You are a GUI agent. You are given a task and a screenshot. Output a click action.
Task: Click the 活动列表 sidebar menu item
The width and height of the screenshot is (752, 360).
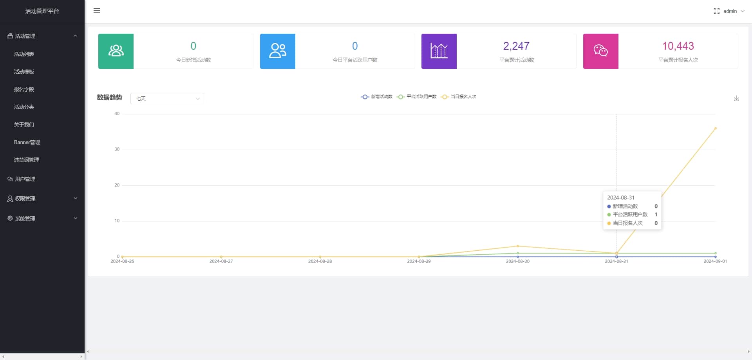[24, 54]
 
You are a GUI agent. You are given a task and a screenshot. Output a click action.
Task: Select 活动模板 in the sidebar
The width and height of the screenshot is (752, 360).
[24, 72]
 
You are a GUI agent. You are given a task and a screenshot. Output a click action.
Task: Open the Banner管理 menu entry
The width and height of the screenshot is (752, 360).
[27, 142]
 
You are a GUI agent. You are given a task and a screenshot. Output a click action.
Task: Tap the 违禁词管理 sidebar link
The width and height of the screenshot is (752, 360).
[26, 160]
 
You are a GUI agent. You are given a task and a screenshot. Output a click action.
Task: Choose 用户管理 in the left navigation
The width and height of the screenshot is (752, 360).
[25, 179]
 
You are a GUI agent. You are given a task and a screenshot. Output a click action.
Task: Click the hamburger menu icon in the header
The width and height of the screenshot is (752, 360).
[97, 11]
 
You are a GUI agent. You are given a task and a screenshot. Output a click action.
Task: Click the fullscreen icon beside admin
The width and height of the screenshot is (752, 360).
[716, 11]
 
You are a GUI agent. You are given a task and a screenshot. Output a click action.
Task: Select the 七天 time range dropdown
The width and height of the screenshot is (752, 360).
[167, 98]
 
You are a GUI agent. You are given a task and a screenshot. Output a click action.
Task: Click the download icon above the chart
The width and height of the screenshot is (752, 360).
[736, 98]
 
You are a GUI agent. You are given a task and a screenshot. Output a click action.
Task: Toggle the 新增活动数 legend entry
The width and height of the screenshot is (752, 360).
[377, 97]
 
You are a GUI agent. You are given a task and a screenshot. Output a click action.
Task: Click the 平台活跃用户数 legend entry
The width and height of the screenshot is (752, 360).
[417, 97]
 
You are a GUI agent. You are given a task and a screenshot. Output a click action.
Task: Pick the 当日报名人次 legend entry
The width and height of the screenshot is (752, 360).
[459, 97]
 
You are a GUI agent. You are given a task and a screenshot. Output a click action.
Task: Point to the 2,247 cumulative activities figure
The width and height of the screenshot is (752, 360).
[516, 46]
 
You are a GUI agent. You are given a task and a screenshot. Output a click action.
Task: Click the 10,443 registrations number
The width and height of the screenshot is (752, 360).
[678, 46]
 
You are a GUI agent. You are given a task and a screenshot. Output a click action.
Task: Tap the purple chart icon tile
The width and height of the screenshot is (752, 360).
[439, 51]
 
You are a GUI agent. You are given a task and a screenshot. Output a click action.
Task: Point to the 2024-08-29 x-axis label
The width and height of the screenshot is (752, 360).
[419, 261]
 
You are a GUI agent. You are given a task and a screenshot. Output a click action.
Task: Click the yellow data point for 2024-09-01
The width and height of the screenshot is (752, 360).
[716, 128]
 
